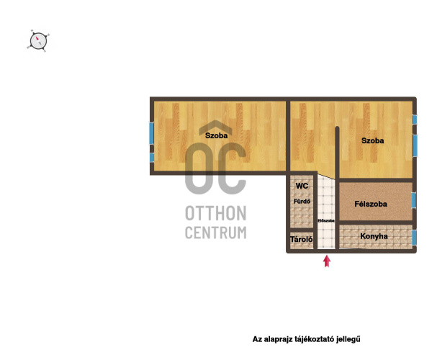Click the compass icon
[38, 41]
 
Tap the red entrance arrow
[327, 261]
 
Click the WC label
[302, 186]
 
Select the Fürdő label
[302, 202]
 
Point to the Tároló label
[302, 239]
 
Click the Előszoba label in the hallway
[326, 220]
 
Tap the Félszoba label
[371, 204]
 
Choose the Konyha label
[374, 236]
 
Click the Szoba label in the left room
[217, 135]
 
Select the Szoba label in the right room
[372, 140]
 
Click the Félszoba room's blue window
[413, 201]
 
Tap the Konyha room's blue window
[414, 238]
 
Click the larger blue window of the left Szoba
[151, 133]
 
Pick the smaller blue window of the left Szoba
[152, 158]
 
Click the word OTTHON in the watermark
[216, 213]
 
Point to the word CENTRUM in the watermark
[216, 233]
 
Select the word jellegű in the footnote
[348, 339]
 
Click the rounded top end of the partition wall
[337, 128]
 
